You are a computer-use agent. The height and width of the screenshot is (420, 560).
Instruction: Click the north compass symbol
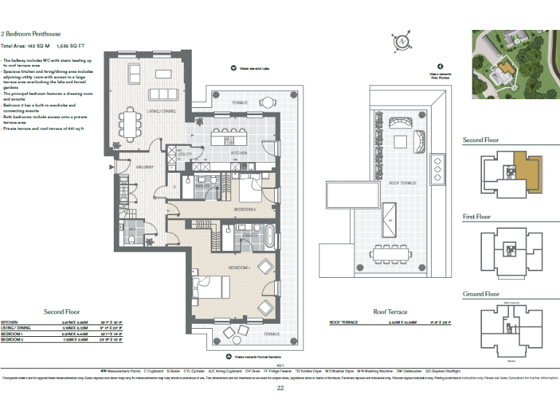[400, 42]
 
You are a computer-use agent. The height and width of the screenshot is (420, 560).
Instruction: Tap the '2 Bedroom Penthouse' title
[31, 34]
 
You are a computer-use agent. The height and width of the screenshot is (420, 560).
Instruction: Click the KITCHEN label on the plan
[240, 153]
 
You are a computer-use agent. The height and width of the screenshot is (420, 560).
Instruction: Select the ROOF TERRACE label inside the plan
[401, 182]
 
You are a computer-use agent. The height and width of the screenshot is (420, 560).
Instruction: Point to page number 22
[280, 388]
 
